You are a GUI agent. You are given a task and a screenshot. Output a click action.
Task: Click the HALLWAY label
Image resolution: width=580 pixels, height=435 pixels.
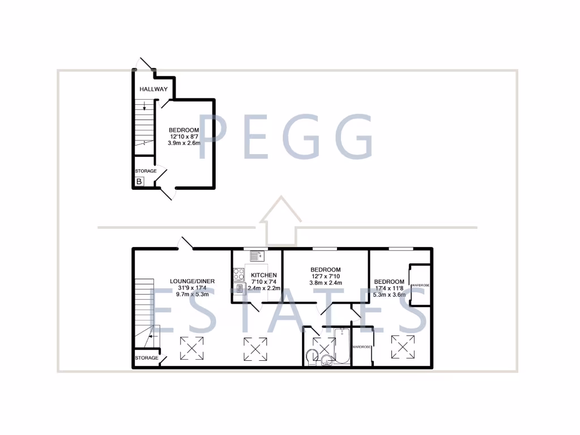[153, 89]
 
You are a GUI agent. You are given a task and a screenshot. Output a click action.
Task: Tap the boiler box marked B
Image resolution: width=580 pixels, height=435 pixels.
[139, 182]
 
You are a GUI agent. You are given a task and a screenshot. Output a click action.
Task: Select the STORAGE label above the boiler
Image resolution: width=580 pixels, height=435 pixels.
[146, 171]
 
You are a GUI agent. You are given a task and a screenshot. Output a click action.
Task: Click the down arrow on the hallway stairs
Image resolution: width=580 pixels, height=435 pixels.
[144, 105]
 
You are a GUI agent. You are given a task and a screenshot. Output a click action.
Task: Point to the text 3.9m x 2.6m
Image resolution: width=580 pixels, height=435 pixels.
[184, 143]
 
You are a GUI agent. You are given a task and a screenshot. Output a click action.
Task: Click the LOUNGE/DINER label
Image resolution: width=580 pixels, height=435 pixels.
[193, 281]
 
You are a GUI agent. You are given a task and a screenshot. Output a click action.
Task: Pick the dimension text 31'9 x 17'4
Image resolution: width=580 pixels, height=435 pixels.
[193, 288]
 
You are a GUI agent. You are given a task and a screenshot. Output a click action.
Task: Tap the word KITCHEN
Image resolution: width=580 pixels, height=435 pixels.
[263, 275]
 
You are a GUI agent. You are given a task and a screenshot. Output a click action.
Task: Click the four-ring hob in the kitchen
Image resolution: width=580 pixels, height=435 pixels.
[238, 275]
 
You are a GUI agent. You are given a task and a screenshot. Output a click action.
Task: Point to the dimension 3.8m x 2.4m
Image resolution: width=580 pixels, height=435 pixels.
[325, 283]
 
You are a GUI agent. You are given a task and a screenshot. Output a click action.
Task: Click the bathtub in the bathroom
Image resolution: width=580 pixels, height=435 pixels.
[342, 345]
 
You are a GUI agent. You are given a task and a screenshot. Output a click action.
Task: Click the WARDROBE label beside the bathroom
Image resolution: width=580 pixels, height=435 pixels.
[362, 347]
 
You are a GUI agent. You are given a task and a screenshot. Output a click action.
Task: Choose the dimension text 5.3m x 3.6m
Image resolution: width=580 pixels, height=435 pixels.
[389, 295]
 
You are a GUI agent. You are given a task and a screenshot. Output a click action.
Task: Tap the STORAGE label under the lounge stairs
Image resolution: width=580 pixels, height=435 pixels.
[146, 358]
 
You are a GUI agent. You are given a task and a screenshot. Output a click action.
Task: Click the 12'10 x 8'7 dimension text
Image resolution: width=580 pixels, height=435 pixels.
[184, 137]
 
